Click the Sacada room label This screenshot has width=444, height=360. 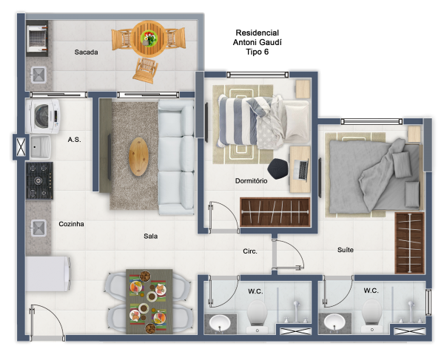86,52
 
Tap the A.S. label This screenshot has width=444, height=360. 74,140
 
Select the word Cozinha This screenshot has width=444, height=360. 71,224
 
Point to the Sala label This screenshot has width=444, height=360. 150,236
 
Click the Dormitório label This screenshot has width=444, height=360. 251,180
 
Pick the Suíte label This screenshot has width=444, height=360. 346,250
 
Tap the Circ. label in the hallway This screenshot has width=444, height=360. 250,251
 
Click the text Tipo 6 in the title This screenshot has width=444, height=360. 257,52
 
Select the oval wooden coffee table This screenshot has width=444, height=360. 139,157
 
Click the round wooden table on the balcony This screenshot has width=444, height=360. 149,38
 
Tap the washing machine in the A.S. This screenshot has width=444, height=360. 43,116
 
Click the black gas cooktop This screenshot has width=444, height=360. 39,180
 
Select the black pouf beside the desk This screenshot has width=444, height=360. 277,169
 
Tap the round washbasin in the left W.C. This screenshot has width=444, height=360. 220,322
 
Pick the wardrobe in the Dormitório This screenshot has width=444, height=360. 275,212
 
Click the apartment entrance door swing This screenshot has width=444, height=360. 47,322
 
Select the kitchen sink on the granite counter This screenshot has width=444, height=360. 38,228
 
